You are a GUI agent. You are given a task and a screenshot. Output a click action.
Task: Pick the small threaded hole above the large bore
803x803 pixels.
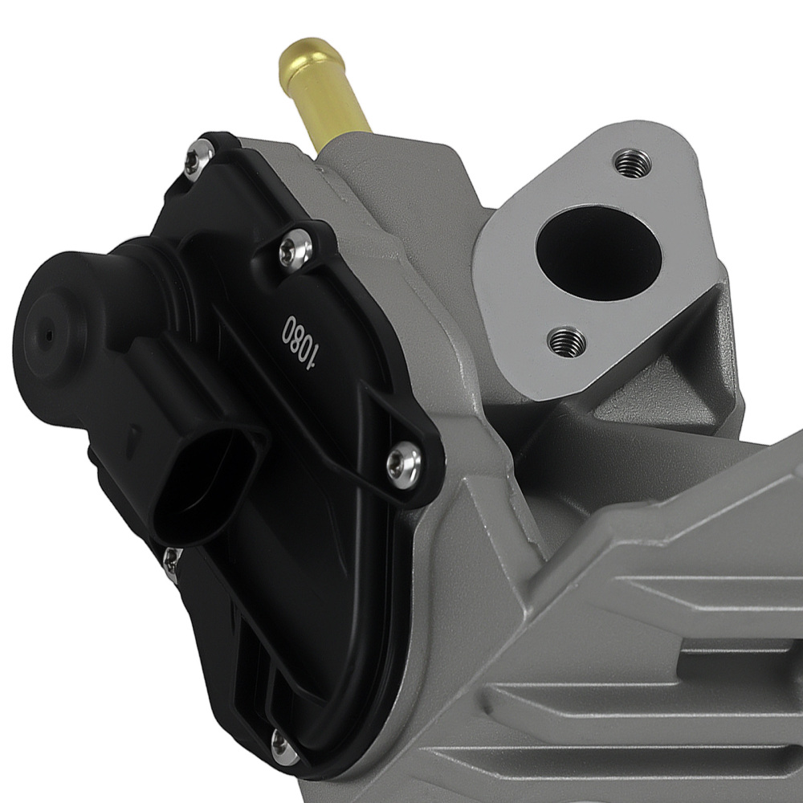pos(629,163)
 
